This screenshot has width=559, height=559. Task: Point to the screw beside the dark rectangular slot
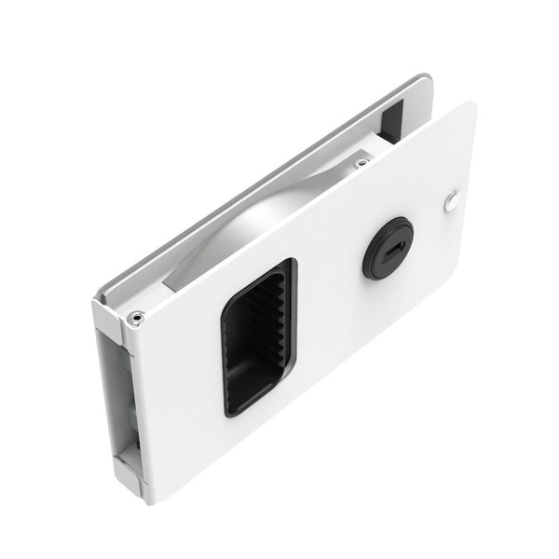point(361,164)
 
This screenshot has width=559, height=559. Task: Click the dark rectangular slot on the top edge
point(390,119)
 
